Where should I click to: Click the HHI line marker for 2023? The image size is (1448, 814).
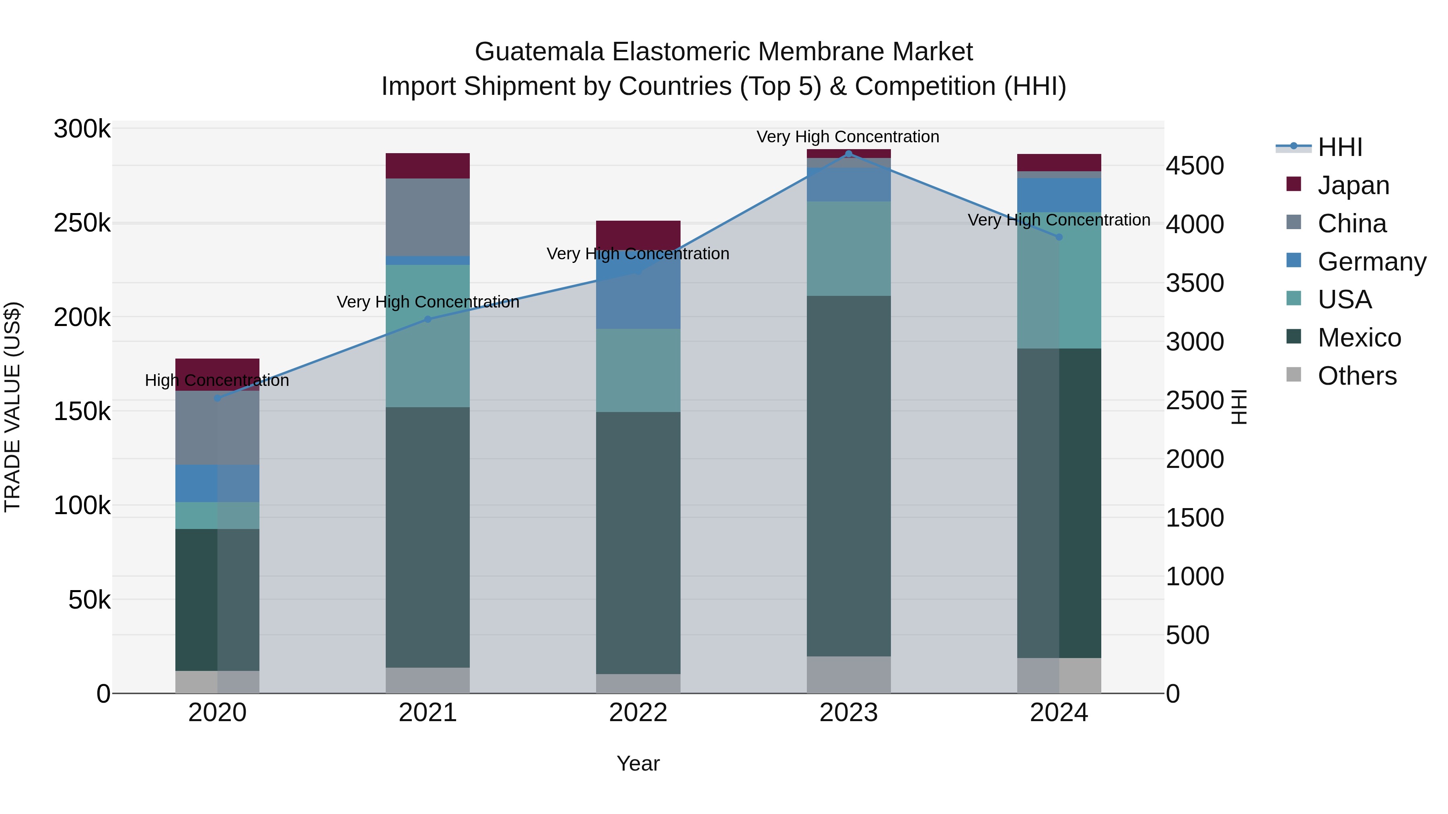point(849,154)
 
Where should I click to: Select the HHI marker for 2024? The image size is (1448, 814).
point(1059,237)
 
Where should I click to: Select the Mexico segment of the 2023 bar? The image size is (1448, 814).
point(849,476)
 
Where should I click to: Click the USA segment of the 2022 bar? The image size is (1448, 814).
point(638,370)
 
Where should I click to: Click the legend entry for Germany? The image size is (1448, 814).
point(1371,262)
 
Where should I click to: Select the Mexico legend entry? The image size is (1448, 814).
point(1359,338)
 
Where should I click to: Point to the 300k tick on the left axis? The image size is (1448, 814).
point(82,129)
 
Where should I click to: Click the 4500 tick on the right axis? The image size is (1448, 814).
point(1195,166)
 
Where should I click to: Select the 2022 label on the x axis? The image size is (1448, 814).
point(638,713)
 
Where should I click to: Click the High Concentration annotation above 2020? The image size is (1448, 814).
point(217,380)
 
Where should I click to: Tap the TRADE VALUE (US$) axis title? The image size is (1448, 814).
point(12,407)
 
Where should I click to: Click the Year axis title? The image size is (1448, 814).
point(638,763)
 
